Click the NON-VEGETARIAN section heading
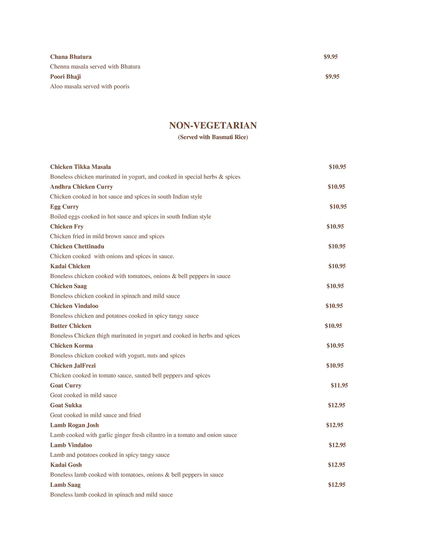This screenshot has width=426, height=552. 213,126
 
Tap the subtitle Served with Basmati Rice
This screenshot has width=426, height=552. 213,137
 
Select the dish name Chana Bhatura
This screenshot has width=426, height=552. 71,57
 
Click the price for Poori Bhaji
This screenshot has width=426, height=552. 332,77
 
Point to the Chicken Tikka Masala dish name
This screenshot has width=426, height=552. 81,167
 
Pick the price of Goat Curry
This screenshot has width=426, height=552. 339,385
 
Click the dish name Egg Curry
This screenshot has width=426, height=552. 64,207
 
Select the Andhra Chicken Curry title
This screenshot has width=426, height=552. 82,187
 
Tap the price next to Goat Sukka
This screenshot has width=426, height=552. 337,405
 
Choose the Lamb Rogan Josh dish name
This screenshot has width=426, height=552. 74,425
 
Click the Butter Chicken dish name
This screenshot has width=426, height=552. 71,326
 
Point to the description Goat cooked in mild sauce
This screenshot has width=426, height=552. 83,395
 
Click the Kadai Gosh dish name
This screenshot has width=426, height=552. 66,465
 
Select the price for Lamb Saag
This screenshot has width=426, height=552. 337,485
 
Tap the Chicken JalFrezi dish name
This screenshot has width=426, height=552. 73,366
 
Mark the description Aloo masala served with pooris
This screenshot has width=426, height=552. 90,87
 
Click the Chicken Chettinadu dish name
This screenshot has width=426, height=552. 77,246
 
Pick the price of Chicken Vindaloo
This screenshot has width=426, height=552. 334,306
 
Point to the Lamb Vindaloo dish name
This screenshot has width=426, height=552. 71,445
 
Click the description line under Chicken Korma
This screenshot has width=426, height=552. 118,356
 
